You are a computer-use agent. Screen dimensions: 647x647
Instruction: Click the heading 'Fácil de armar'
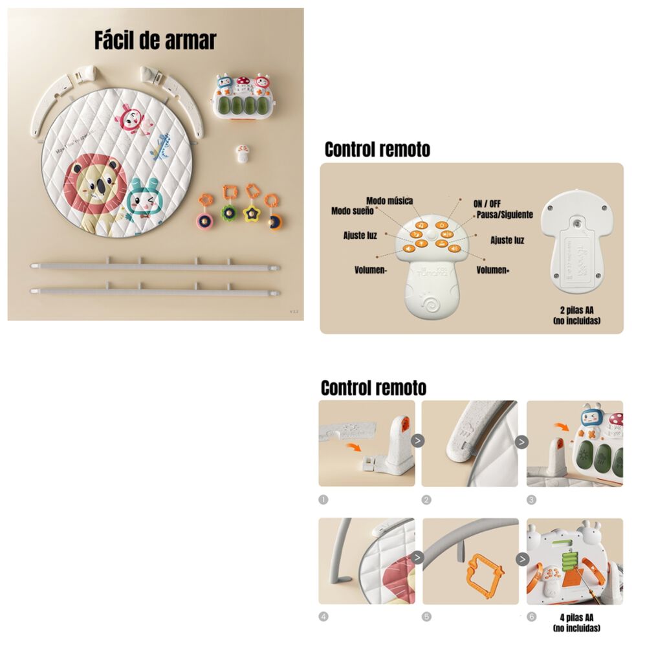pos(155,40)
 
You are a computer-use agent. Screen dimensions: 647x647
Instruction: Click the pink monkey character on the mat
pos(131,120)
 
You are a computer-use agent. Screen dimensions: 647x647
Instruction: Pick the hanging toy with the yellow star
pos(250,206)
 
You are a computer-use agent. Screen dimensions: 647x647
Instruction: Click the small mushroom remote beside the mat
pos(243,153)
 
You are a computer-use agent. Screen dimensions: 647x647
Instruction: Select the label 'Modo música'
pos(389,201)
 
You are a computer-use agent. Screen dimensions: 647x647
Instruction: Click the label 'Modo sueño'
pos(352,211)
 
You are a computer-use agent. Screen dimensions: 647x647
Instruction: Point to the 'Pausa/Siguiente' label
pos(505,214)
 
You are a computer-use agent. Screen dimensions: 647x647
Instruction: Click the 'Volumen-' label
pos(371,270)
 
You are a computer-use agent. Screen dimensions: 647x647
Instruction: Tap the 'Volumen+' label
pos(493,270)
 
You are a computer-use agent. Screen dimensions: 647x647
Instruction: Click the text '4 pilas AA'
pos(578,618)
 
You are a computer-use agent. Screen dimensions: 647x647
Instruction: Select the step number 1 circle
pos(324,499)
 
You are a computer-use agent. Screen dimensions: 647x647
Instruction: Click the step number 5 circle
pos(427,617)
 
